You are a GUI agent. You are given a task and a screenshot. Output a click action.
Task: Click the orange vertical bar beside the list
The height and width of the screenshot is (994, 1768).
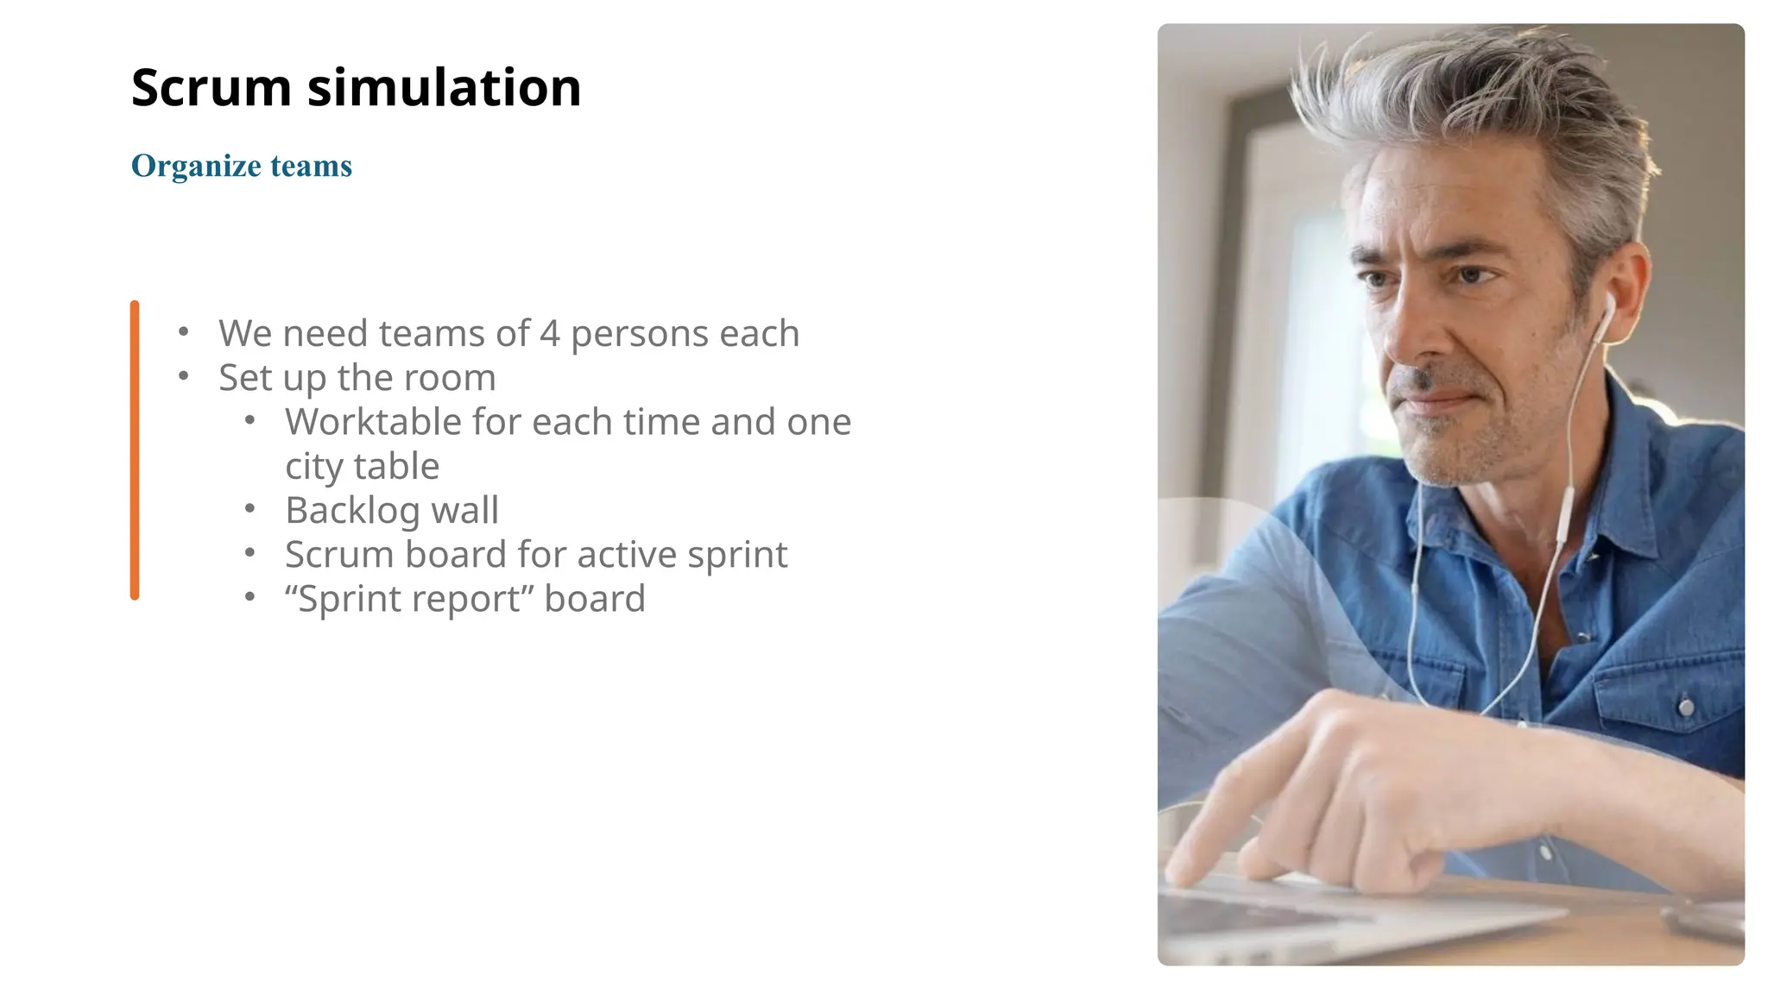pos(135,450)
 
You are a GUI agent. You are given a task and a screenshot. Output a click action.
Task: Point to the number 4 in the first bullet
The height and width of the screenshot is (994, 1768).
pos(550,334)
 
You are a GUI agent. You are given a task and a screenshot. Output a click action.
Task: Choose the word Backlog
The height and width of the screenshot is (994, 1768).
pos(352,511)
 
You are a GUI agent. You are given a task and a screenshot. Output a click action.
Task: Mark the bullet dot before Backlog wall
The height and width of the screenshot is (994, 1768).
pos(249,509)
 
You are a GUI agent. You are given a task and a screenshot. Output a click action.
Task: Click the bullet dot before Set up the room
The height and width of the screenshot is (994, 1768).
pos(183,376)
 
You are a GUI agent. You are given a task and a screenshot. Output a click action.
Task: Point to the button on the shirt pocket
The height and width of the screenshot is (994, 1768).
pos(1685,708)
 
